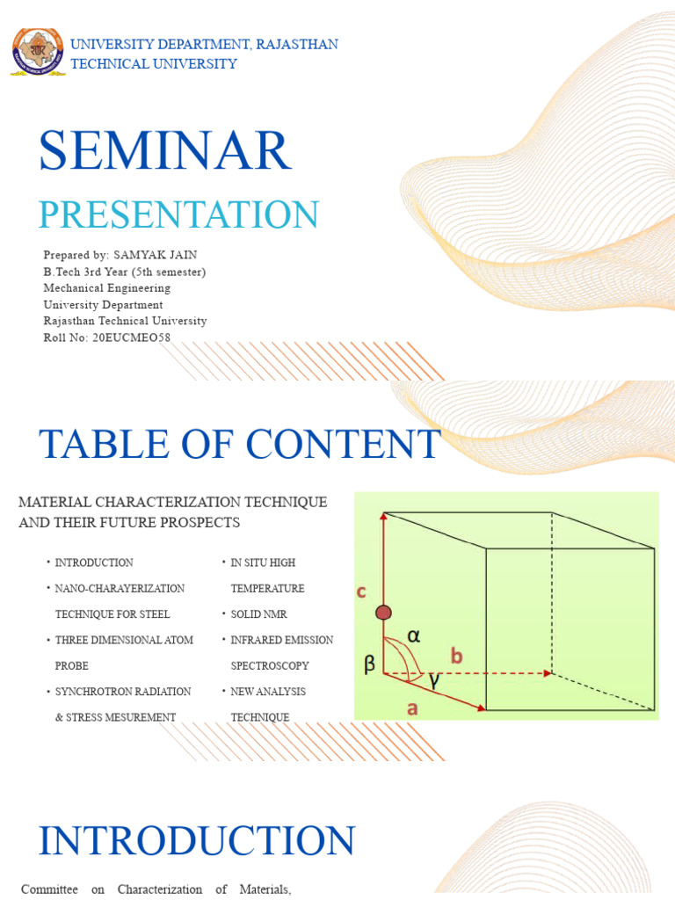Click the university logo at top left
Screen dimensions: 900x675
(x=38, y=52)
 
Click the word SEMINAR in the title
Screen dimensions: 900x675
(x=164, y=151)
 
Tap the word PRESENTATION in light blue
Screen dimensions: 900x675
(x=178, y=214)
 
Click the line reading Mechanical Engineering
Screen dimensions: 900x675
(x=107, y=288)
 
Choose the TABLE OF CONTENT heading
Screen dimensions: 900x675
(x=239, y=444)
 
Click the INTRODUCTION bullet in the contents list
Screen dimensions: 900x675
(x=94, y=562)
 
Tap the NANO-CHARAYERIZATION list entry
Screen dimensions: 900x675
(x=120, y=588)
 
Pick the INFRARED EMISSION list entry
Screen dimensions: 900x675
(x=282, y=640)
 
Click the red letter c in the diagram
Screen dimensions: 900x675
(x=360, y=592)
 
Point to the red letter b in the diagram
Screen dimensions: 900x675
(x=456, y=655)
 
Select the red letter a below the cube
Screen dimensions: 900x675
(x=413, y=708)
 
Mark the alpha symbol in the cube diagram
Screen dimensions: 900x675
(x=413, y=635)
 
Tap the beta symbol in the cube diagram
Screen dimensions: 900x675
(x=369, y=665)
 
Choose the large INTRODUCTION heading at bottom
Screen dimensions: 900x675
(x=197, y=840)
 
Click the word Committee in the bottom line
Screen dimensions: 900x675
(x=50, y=889)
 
